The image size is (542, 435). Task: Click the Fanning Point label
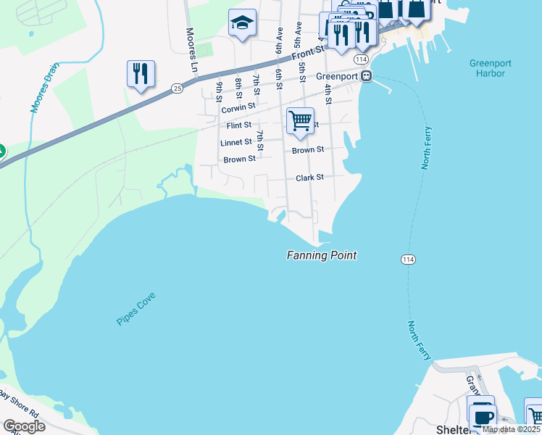(322, 255)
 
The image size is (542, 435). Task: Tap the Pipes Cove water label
(136, 309)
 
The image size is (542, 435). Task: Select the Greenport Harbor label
(490, 68)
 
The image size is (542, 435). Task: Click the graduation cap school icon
(241, 25)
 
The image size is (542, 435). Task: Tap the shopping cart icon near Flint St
(300, 120)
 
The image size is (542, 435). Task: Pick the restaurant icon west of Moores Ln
(141, 74)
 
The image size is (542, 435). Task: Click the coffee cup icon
(482, 415)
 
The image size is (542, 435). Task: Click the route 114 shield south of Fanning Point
(407, 259)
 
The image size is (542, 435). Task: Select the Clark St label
(309, 178)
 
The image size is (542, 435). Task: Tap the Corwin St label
(239, 107)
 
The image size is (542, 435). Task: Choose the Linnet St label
(236, 142)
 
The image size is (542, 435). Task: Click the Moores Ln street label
(192, 49)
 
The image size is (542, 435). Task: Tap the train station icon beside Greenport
(367, 76)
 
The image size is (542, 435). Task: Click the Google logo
(23, 426)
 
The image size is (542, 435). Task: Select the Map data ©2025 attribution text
(511, 429)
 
